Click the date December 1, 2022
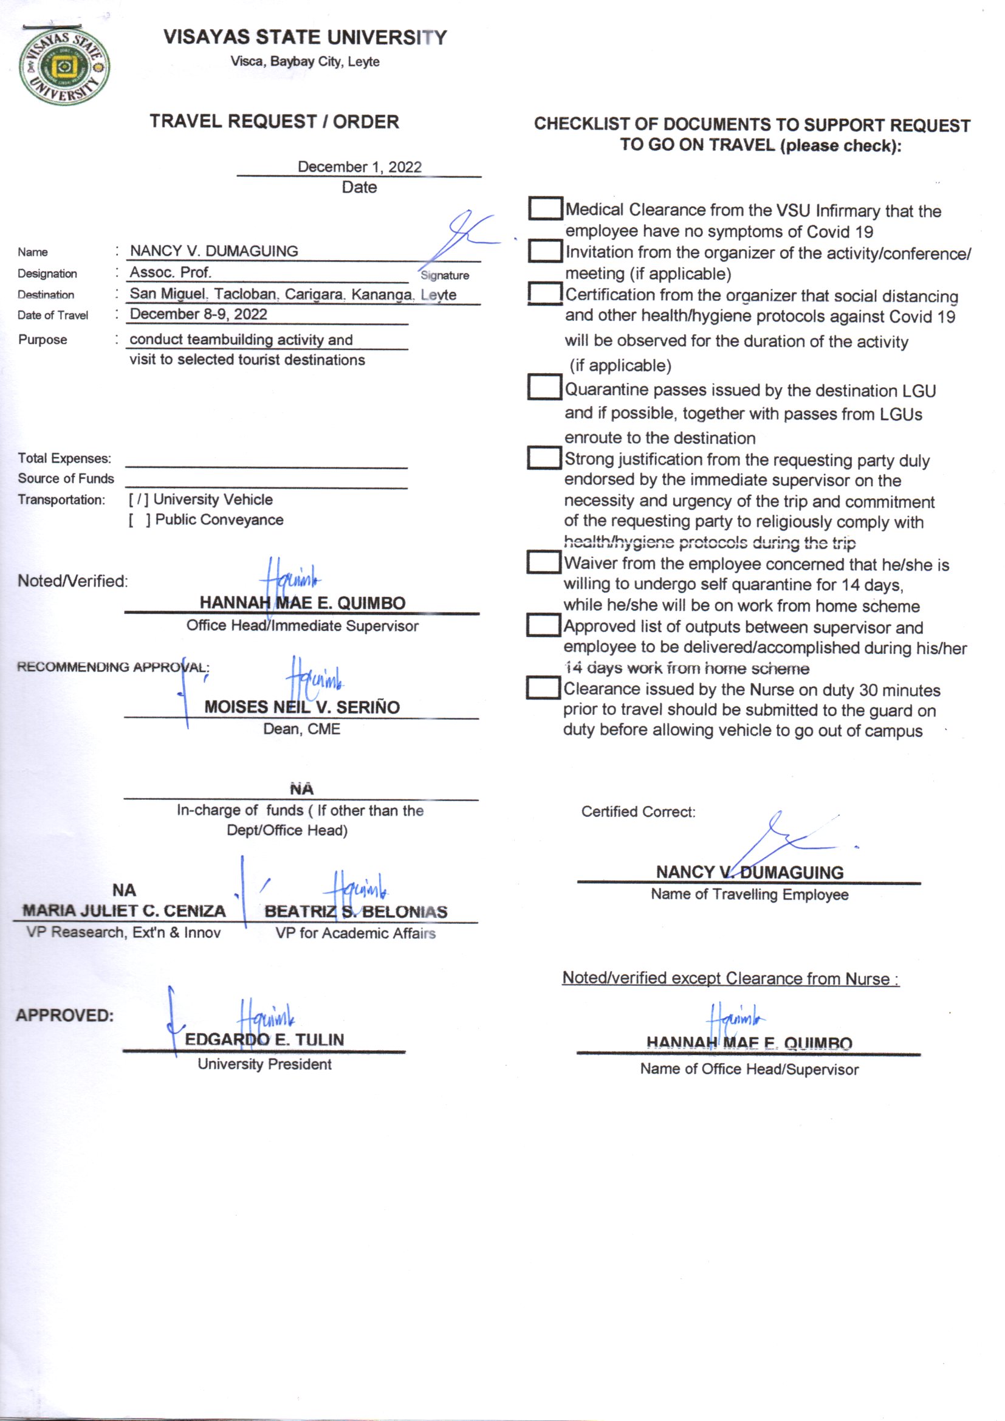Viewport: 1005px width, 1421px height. click(x=359, y=167)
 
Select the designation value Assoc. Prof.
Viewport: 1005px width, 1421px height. click(x=170, y=272)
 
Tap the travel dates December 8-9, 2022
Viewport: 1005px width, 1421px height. click(x=198, y=314)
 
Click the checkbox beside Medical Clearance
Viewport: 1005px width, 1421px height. click(x=544, y=208)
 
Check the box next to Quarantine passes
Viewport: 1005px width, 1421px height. click(x=544, y=387)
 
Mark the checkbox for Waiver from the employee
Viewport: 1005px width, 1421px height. click(x=543, y=563)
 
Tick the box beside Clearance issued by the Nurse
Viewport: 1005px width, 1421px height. click(x=543, y=688)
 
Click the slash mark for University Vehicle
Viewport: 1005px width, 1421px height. click(x=138, y=500)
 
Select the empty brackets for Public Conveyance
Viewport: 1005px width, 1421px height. click(x=139, y=520)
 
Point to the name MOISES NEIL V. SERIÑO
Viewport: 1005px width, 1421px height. click(x=302, y=707)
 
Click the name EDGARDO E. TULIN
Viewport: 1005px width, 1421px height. click(x=264, y=1040)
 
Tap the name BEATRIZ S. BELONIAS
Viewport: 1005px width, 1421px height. click(x=355, y=912)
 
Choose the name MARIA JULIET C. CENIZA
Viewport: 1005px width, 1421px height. click(x=124, y=911)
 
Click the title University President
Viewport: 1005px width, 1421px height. click(x=264, y=1064)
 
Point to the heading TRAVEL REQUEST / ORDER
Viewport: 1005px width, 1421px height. click(x=274, y=122)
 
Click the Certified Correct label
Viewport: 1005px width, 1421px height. click(x=638, y=812)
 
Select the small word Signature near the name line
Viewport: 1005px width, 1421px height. click(x=444, y=275)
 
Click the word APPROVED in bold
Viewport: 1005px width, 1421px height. click(x=65, y=1016)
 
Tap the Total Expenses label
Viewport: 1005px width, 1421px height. click(x=64, y=459)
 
